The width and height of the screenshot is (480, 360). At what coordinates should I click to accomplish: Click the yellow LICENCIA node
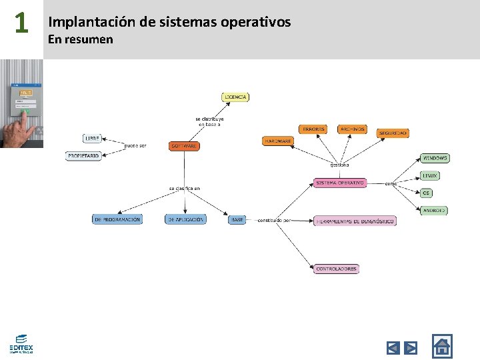[235, 97]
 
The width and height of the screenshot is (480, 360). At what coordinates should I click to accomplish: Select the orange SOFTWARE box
[184, 145]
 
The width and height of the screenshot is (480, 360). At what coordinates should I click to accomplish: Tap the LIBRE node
[92, 139]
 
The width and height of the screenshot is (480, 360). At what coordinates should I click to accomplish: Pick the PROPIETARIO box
[83, 155]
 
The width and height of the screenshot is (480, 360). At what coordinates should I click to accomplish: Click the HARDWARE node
[277, 141]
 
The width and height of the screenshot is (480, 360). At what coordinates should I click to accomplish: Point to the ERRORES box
[313, 129]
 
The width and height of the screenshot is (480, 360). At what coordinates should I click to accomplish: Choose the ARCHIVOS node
[352, 129]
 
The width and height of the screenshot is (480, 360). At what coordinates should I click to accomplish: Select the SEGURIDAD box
[393, 133]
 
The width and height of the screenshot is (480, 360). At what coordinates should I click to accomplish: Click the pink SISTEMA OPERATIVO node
[340, 183]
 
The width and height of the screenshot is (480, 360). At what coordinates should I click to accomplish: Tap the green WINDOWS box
[435, 158]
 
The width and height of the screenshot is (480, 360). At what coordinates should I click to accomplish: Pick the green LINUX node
[430, 175]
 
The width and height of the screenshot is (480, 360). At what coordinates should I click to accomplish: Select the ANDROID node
[434, 210]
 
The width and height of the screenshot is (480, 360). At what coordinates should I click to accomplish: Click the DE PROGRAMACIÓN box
[117, 219]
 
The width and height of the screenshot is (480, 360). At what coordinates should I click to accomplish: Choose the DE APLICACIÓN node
[186, 219]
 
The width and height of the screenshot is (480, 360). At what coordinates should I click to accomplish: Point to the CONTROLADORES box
[336, 269]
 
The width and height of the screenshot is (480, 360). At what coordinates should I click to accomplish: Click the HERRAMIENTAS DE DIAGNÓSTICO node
[355, 221]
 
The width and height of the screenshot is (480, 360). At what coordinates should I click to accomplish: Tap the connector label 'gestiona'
[339, 165]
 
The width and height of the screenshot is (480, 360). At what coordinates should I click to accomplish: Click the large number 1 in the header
[21, 24]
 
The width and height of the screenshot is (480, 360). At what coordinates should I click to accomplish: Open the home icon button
[441, 346]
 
